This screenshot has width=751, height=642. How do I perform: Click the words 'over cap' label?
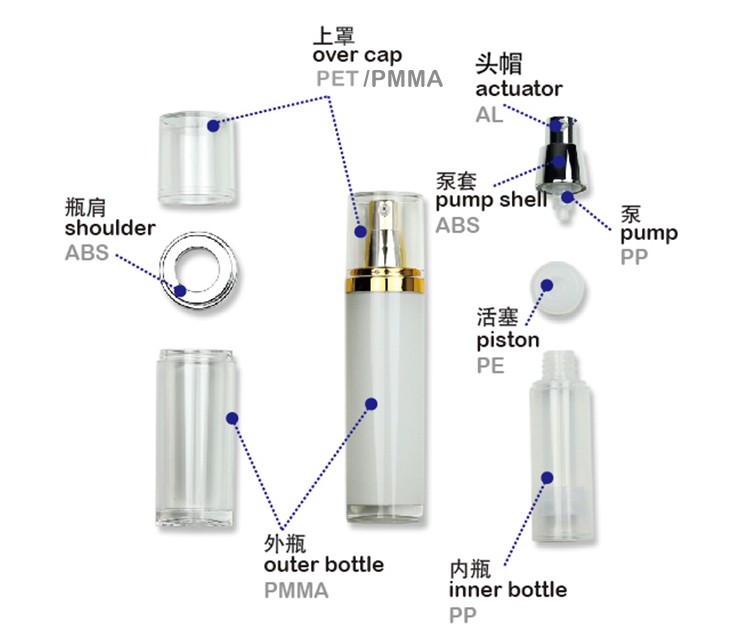tap(358, 56)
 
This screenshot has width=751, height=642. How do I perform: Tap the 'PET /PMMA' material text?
tap(379, 79)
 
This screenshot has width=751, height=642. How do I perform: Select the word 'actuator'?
tap(518, 89)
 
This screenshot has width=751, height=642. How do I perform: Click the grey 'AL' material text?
tap(489, 114)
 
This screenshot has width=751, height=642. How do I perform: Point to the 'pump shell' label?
tap(491, 200)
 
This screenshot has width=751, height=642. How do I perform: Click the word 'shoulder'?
tap(110, 228)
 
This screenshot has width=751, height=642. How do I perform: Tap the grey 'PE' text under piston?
tap(490, 366)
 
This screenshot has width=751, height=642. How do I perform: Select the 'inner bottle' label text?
tap(508, 589)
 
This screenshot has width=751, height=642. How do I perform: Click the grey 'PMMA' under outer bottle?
tap(296, 590)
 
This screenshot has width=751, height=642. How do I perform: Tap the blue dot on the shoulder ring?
tap(181, 291)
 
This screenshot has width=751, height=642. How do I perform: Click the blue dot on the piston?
tap(548, 284)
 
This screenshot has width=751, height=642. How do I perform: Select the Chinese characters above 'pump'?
tap(631, 213)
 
